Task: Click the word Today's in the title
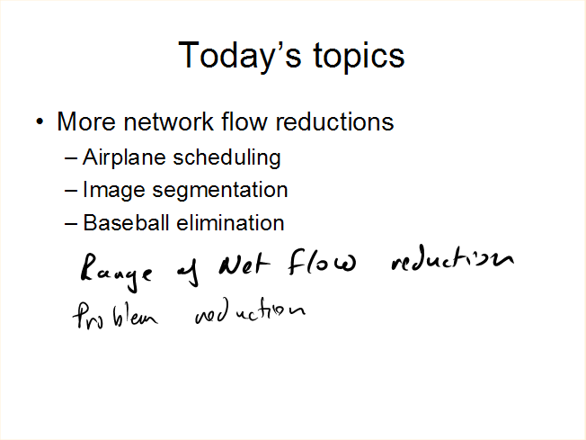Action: click(240, 56)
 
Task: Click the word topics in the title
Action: click(359, 57)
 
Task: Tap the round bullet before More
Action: click(40, 121)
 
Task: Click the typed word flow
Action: click(244, 121)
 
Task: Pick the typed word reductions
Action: click(334, 121)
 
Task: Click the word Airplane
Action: click(124, 158)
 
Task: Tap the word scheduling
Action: click(226, 157)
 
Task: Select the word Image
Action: click(113, 191)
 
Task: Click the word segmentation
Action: click(220, 191)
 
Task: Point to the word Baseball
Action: click(126, 222)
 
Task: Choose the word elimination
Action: click(230, 222)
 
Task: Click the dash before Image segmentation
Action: click(71, 191)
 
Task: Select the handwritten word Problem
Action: click(115, 316)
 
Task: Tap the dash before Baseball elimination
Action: click(71, 224)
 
